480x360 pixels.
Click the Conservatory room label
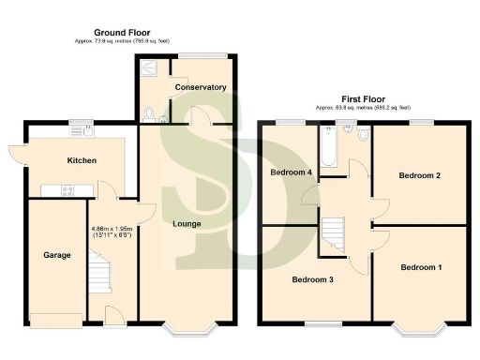point(201,87)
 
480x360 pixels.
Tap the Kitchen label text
point(82,160)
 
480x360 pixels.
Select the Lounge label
point(187,223)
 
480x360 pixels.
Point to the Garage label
point(57,254)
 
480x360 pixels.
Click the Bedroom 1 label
point(421,267)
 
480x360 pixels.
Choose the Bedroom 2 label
point(419,175)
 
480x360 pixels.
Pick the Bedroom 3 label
point(312,279)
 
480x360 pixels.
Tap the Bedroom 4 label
point(291,172)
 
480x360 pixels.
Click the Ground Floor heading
point(121,33)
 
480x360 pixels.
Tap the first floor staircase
point(334,233)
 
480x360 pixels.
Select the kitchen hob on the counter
point(68,191)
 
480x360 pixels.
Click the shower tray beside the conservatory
point(149,67)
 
